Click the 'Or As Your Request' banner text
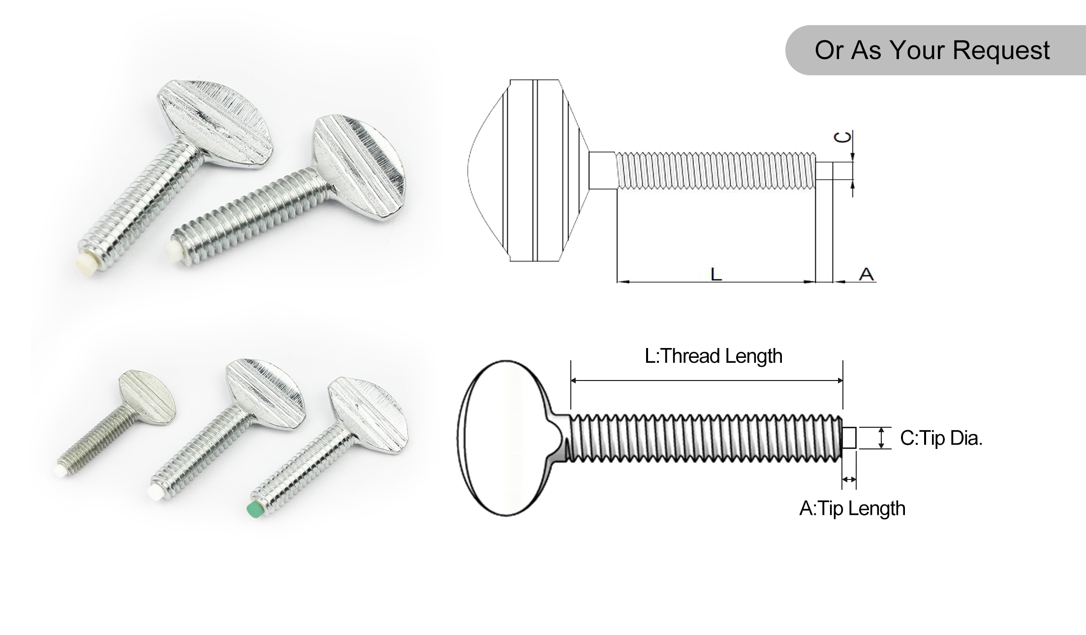932,50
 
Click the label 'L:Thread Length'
714,356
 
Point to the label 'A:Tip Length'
852,508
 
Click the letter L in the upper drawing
716,274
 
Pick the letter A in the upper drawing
867,274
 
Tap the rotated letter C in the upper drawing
843,137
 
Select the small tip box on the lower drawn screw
849,438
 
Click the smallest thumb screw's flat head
148,396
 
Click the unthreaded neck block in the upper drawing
602,170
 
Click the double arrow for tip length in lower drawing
849,479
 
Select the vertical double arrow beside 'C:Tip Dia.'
881,438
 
